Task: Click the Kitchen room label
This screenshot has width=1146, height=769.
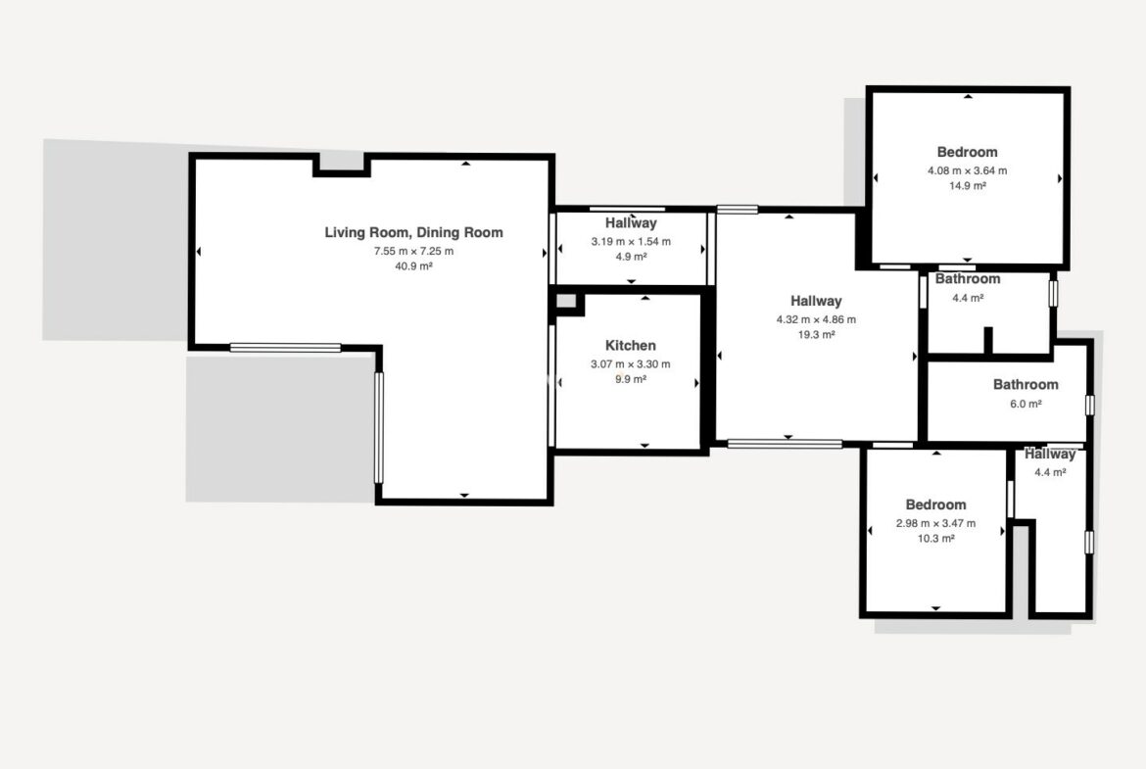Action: pyautogui.click(x=630, y=346)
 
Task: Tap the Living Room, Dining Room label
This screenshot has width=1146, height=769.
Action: pyautogui.click(x=413, y=232)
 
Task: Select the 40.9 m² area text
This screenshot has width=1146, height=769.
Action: pyautogui.click(x=413, y=266)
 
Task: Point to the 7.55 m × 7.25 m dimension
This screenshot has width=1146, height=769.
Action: pyautogui.click(x=413, y=251)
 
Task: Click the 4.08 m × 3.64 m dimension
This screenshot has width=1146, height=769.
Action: pyautogui.click(x=967, y=170)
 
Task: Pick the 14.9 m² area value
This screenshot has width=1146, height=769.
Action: pyautogui.click(x=967, y=186)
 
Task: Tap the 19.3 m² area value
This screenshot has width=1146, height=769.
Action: pyautogui.click(x=816, y=335)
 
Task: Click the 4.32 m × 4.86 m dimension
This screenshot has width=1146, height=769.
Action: pyautogui.click(x=816, y=319)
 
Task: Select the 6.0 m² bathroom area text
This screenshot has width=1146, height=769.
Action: pyautogui.click(x=1026, y=404)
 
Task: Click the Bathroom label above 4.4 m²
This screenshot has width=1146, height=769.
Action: pyautogui.click(x=967, y=278)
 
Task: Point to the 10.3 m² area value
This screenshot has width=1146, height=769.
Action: pyautogui.click(x=935, y=539)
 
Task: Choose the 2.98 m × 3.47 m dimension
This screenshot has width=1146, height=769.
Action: pyautogui.click(x=935, y=523)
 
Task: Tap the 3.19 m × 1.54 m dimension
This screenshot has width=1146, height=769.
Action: pyautogui.click(x=631, y=241)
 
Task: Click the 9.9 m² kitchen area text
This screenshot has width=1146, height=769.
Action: pyautogui.click(x=630, y=379)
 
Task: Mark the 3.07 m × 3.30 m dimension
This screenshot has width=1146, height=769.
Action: pyautogui.click(x=630, y=364)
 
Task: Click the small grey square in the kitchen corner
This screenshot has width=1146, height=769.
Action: pyautogui.click(x=566, y=301)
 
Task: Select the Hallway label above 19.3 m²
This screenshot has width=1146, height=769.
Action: pyautogui.click(x=816, y=301)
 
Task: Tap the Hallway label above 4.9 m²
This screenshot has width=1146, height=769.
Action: pyautogui.click(x=631, y=223)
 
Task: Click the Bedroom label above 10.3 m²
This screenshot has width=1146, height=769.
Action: pyautogui.click(x=935, y=505)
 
